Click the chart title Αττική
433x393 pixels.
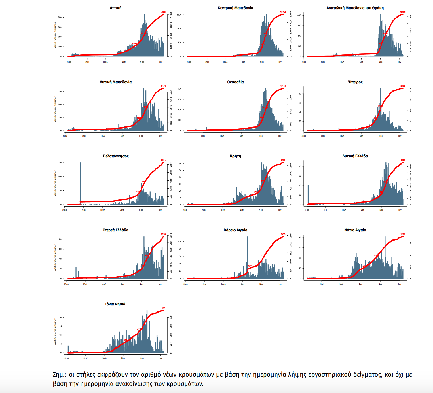[115, 8]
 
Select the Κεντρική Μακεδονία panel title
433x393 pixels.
[235, 8]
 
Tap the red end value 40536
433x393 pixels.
[163, 12]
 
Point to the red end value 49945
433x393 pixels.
[283, 12]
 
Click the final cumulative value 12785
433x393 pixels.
[403, 12]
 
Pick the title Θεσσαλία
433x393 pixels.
[235, 82]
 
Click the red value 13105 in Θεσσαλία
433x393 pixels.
[283, 86]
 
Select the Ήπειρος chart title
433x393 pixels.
[355, 82]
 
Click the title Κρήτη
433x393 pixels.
[235, 156]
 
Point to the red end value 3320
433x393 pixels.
[403, 160]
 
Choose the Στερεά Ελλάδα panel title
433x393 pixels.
[115, 230]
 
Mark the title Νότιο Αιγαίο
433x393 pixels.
[355, 230]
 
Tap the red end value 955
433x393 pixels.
[163, 308]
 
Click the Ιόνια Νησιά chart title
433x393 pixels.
[115, 304]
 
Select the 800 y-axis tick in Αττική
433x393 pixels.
[60, 17]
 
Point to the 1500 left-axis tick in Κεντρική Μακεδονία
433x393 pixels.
[179, 15]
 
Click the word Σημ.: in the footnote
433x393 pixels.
[59, 375]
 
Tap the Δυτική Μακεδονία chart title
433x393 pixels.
[115, 82]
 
